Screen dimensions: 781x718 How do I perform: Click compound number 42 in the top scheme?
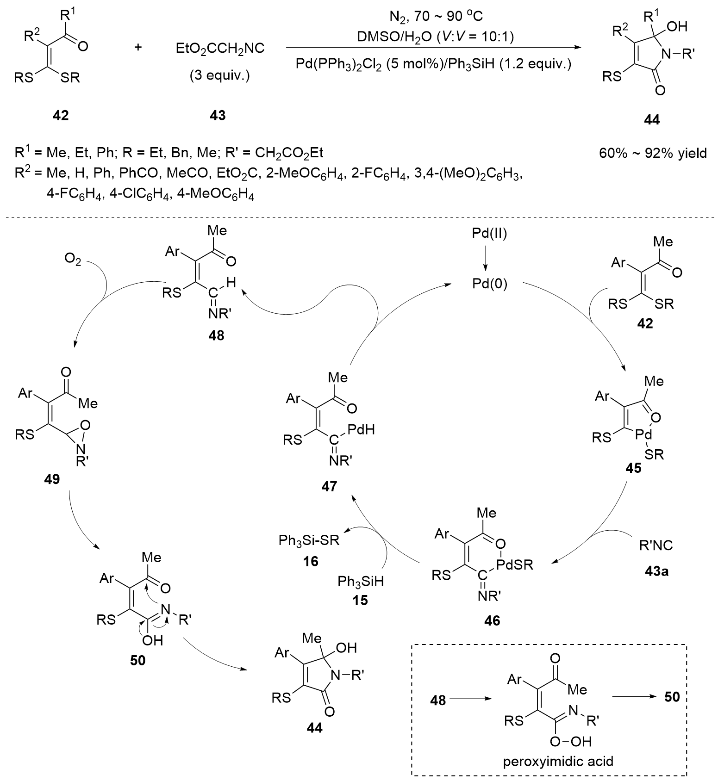(x=61, y=115)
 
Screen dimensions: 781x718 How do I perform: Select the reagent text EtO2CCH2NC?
(x=220, y=48)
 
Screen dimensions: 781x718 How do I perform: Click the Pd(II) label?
(x=489, y=234)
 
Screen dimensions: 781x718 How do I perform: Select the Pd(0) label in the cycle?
(x=489, y=284)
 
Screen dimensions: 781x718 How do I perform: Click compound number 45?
(x=633, y=468)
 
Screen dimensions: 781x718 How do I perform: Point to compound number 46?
(x=492, y=620)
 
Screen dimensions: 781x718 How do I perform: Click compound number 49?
(x=52, y=479)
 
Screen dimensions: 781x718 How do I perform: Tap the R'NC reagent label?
(x=656, y=545)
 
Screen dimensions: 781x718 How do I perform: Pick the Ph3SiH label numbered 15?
(x=361, y=581)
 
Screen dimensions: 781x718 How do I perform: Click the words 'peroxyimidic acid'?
(x=558, y=761)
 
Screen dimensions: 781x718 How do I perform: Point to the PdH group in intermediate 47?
(x=361, y=430)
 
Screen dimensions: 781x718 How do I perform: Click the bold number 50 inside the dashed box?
(x=672, y=696)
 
